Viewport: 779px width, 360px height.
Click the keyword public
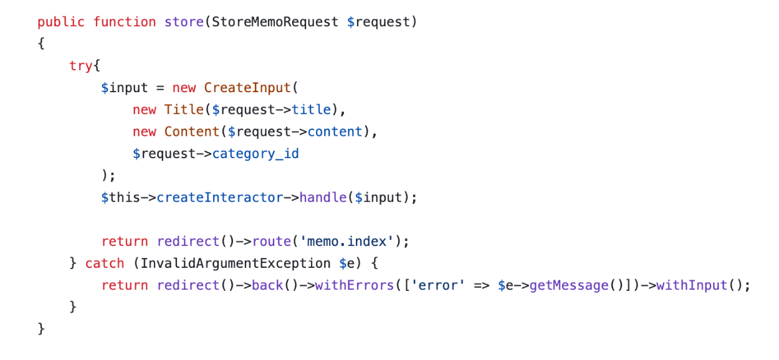(x=61, y=22)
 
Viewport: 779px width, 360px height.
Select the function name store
(x=184, y=22)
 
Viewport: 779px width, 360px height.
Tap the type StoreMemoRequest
(x=275, y=22)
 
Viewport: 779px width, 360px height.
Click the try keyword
(x=80, y=66)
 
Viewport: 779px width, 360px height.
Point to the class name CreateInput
(x=247, y=88)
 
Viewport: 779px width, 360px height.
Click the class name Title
(x=184, y=110)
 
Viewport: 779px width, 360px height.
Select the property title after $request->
(x=311, y=110)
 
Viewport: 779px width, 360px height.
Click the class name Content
(x=191, y=131)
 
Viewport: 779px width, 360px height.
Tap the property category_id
(x=256, y=154)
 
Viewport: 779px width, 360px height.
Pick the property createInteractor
(x=220, y=197)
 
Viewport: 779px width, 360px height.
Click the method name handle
(x=323, y=197)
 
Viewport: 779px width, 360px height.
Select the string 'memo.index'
(x=346, y=241)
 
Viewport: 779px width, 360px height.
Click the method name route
(x=272, y=241)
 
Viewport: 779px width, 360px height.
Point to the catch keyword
(x=105, y=263)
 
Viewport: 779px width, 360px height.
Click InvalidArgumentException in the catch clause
(x=236, y=263)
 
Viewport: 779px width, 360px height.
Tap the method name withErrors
(x=355, y=285)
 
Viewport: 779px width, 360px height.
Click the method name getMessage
(x=569, y=285)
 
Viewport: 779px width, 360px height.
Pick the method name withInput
(x=692, y=285)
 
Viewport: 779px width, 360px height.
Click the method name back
(x=267, y=285)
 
